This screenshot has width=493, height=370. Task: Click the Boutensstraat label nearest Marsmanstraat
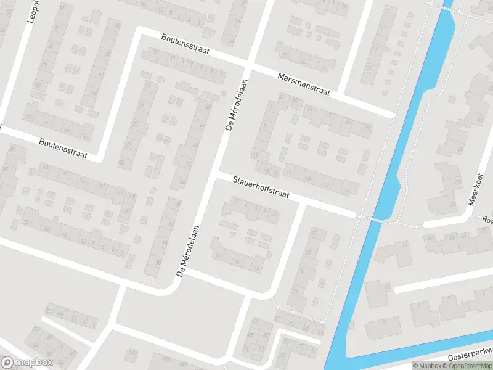184,46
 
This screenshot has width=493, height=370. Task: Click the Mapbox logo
26,363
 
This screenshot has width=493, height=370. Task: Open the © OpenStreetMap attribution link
467,366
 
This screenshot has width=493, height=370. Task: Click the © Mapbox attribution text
426,366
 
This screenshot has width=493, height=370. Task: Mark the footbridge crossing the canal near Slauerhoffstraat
372,219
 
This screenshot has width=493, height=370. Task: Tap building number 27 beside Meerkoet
458,183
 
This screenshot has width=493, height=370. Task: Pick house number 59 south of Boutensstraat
63,173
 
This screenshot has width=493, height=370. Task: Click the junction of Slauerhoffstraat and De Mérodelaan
213,176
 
